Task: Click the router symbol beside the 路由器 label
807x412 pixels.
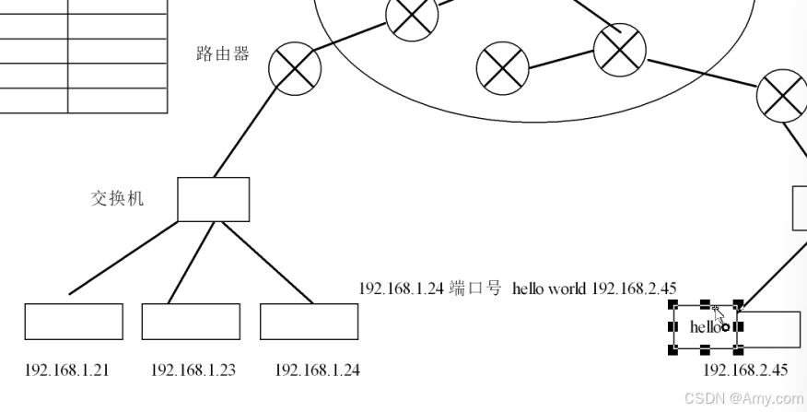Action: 295,67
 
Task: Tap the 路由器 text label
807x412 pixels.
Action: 223,53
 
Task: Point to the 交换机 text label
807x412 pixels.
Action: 118,198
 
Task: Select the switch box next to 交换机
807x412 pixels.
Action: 213,199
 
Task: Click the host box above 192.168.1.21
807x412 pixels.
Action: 74,322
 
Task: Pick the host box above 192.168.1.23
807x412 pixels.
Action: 191,322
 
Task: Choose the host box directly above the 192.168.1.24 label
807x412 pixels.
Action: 309,322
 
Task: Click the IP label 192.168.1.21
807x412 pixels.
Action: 66,371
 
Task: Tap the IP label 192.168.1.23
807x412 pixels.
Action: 193,371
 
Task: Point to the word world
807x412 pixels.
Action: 567,288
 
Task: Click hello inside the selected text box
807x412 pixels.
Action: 705,327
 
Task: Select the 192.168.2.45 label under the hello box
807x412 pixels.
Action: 745,371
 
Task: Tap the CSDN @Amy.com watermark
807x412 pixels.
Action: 744,398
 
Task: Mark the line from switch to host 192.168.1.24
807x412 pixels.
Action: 267,263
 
